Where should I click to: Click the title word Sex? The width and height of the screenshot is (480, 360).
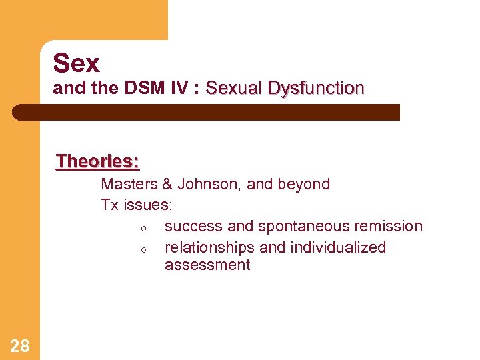[x=76, y=63]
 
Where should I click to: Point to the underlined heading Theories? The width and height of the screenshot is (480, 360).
[x=97, y=161]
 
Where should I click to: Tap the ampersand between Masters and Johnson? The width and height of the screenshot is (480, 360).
[x=167, y=184]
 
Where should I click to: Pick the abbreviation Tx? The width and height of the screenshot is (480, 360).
[x=109, y=205]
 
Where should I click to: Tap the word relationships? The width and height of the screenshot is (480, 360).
[x=210, y=247]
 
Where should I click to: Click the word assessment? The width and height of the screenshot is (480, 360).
[x=207, y=265]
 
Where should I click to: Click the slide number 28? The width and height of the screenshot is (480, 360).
[x=20, y=345]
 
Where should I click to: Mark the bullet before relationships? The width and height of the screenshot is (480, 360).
[x=143, y=249]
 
